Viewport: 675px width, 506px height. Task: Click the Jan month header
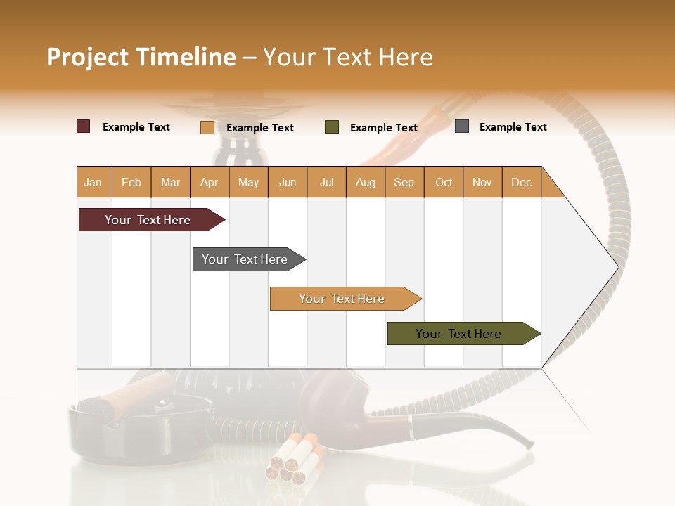coord(94,182)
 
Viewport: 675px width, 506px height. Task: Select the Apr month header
coord(210,182)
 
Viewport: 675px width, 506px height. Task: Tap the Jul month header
coord(326,182)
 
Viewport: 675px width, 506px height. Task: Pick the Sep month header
coord(404,182)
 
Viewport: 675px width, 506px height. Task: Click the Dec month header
coord(521,182)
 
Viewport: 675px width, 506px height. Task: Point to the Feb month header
coord(131,182)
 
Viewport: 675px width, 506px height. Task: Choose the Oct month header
coord(444,182)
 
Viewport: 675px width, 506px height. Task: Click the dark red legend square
coord(84,126)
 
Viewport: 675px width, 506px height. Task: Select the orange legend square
coord(207,127)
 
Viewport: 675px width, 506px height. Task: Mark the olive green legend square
coord(332,127)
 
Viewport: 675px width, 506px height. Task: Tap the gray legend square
coord(462,126)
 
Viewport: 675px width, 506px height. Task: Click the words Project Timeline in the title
coord(141,57)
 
